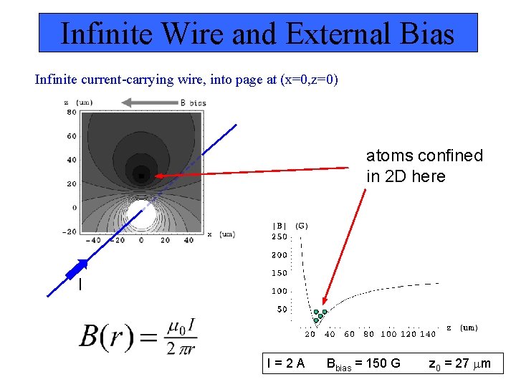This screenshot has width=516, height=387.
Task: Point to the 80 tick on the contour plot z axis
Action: [72, 113]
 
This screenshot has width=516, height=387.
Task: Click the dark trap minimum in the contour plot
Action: [142, 175]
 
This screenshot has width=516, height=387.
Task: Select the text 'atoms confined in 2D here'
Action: [424, 166]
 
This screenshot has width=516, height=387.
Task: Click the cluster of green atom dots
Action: [319, 315]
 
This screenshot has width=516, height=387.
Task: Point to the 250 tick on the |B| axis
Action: [279, 236]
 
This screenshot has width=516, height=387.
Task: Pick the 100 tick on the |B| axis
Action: [279, 291]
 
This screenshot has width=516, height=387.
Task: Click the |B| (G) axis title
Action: [289, 225]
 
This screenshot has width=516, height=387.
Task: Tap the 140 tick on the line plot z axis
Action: [427, 334]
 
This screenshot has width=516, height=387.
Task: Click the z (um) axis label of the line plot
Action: [462, 327]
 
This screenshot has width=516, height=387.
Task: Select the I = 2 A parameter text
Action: [285, 363]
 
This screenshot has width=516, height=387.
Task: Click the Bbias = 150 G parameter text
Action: [363, 363]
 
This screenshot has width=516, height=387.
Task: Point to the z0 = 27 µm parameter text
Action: [459, 363]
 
